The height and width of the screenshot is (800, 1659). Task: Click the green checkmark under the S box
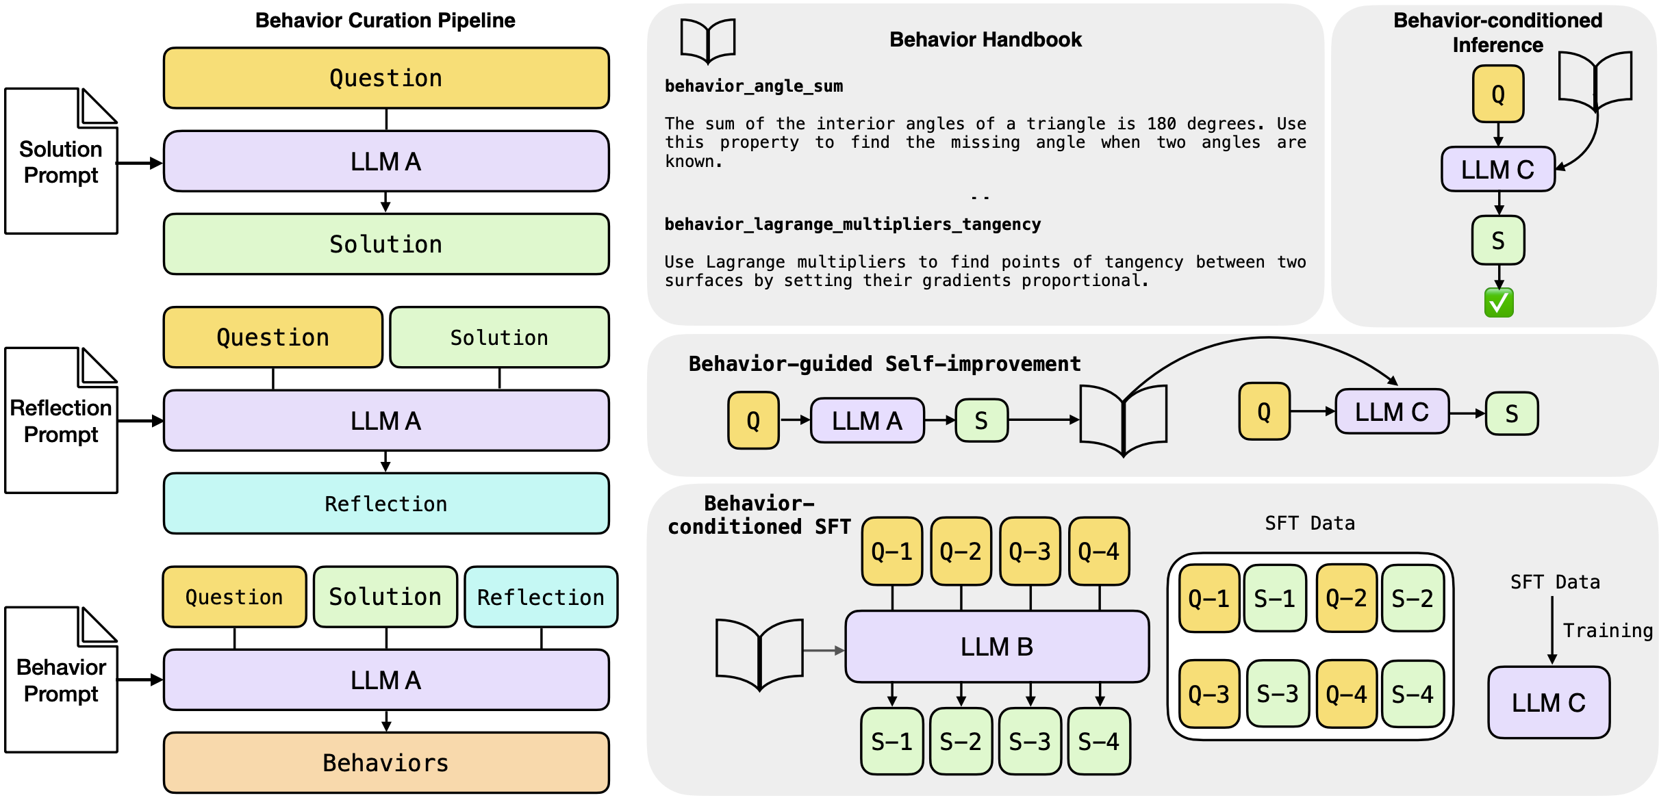(x=1498, y=302)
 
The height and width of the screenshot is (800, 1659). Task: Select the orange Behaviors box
(x=385, y=762)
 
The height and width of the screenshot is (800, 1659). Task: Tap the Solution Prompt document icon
(x=61, y=162)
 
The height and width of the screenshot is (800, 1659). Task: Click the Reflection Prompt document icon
(x=61, y=420)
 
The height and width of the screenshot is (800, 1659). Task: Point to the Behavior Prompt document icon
(x=61, y=680)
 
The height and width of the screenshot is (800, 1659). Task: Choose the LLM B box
(x=996, y=647)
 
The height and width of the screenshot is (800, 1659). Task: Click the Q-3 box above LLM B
(x=1029, y=551)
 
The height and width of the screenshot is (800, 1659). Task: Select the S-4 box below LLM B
(x=1098, y=741)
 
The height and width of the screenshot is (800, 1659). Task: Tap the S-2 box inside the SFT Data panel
(x=1412, y=599)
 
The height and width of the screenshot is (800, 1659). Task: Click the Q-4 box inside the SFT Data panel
(x=1346, y=694)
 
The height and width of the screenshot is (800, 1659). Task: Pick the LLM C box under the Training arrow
(x=1548, y=703)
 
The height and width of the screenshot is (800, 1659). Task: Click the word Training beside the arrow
(x=1607, y=630)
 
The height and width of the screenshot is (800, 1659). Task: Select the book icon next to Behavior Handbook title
(x=707, y=41)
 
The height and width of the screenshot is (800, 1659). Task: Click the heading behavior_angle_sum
(x=753, y=86)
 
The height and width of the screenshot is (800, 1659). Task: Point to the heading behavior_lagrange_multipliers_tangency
(x=852, y=224)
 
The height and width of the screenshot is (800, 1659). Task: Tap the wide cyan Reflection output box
(x=385, y=504)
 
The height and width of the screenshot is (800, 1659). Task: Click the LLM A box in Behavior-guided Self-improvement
(x=866, y=420)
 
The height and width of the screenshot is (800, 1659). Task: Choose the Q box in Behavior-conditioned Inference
(x=1497, y=94)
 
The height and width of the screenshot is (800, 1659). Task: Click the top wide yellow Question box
(x=385, y=78)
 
